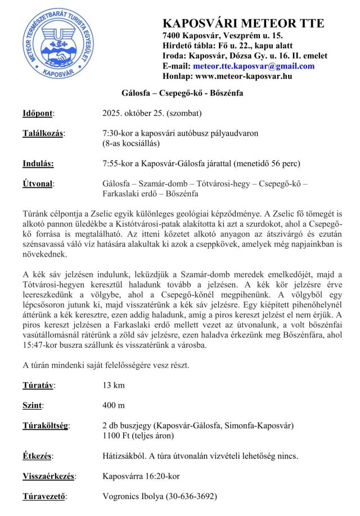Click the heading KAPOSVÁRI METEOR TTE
243,23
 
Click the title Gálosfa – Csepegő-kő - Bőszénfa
182,93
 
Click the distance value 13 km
114,385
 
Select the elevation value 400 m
114,405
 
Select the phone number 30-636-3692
190,496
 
